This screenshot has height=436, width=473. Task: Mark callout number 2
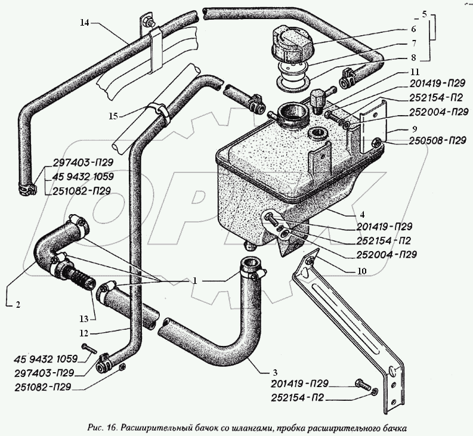click(17, 305)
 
